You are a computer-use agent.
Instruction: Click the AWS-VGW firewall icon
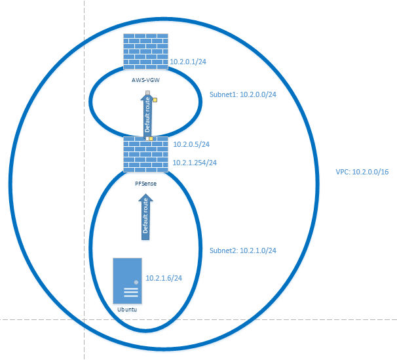pos(145,51)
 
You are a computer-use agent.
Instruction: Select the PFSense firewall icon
pos(145,154)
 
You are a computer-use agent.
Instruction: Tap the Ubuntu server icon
pos(127,281)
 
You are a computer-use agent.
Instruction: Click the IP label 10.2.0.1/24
pos(188,62)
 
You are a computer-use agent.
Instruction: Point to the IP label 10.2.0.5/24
pos(191,144)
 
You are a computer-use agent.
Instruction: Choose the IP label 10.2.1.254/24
pos(195,163)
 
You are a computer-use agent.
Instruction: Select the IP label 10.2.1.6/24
pos(164,278)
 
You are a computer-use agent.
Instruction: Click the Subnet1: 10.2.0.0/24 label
pos(243,94)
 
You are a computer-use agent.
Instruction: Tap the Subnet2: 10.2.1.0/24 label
pos(243,250)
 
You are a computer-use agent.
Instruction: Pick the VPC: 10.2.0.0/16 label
pos(362,172)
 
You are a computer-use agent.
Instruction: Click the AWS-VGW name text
pos(145,80)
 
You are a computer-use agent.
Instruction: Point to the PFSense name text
pos(145,184)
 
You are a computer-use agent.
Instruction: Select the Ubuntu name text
pos(127,310)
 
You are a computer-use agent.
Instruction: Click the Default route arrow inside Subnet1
pos(147,116)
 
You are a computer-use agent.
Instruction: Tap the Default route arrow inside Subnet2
pos(145,217)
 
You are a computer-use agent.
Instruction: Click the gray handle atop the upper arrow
pos(147,92)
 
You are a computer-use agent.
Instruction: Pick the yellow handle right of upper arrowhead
pos(155,100)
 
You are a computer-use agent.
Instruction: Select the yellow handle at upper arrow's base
pos(151,138)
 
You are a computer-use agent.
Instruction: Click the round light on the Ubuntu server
pos(136,282)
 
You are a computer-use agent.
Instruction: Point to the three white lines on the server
pos(131,292)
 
